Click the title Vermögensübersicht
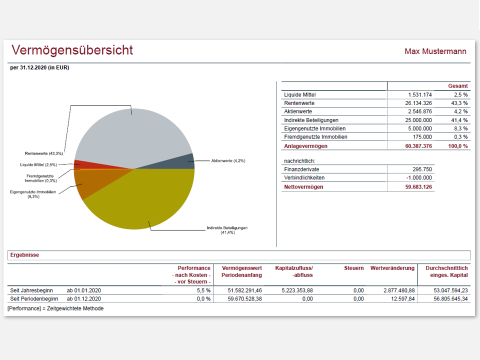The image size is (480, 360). coord(72,50)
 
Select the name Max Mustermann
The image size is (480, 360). coord(435,51)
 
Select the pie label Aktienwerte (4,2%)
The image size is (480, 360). coord(228,161)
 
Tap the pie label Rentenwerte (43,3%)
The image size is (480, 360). coord(44,153)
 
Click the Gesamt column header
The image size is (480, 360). coord(457,86)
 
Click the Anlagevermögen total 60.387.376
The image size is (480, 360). coord(415,146)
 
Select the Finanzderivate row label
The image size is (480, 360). coord(301,169)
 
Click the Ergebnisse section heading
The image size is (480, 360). coord(24,255)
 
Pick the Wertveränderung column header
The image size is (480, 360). coord(392,268)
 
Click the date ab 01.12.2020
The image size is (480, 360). coord(84,298)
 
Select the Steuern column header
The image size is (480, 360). coord(353,268)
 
